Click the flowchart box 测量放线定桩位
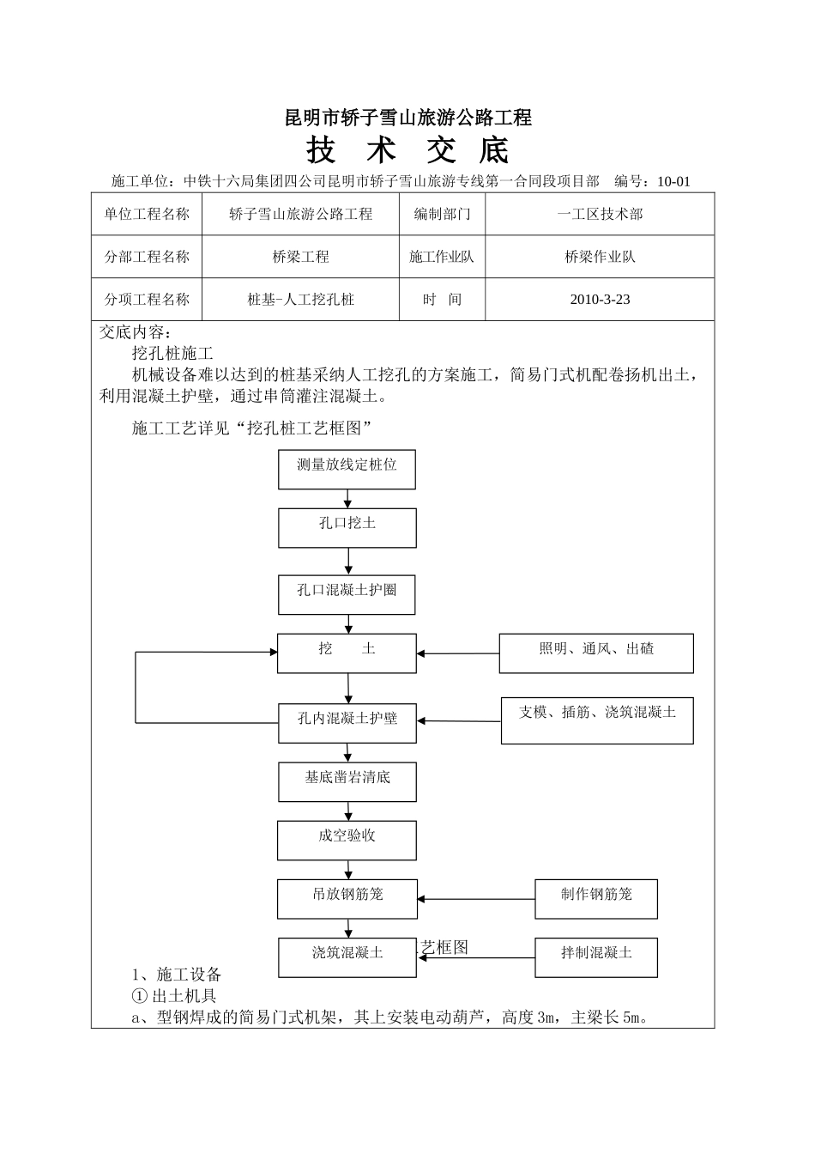click(347, 469)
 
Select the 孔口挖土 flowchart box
click(347, 527)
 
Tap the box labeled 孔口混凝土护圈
click(347, 594)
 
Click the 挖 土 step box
click(347, 653)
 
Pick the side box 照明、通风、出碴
click(596, 653)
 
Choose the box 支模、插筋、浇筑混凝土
click(597, 720)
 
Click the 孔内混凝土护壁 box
click(347, 723)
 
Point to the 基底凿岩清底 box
click(347, 781)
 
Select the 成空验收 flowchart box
click(347, 840)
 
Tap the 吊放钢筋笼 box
click(347, 898)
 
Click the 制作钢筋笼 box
click(596, 898)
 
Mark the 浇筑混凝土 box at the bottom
click(347, 957)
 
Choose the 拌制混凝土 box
click(596, 957)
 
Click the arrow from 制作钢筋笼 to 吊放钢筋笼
click(476, 900)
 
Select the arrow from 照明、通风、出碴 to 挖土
click(458, 654)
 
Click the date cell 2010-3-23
click(600, 300)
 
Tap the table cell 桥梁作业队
click(600, 257)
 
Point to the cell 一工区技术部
click(600, 214)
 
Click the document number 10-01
click(673, 181)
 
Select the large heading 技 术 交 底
click(407, 150)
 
